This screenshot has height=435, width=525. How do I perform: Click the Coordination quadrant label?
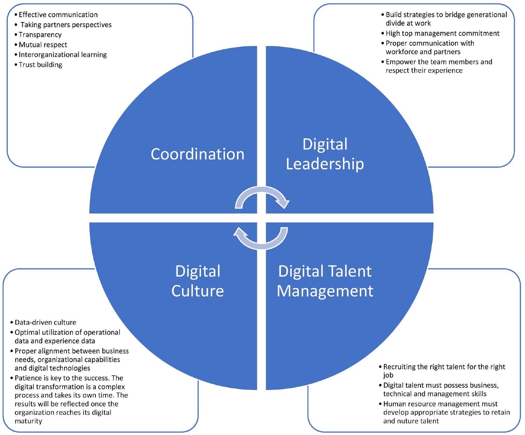[x=198, y=154]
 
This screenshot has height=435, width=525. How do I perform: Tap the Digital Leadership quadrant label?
[x=325, y=154]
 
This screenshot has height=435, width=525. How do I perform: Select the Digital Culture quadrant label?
[x=198, y=281]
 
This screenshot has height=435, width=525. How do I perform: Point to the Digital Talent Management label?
[x=325, y=281]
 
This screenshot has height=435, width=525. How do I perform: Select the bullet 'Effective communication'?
[x=58, y=15]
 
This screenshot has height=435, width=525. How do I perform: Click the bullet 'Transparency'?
[x=40, y=35]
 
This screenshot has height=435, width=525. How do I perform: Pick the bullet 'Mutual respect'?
[x=43, y=45]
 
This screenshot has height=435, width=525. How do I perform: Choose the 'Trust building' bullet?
[x=40, y=65]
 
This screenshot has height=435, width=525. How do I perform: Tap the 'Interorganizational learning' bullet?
[x=63, y=55]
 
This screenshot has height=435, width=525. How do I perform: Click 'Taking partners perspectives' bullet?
[x=66, y=25]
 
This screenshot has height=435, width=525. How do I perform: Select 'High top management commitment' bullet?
[x=443, y=34]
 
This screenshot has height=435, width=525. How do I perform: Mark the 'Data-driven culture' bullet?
[x=45, y=322]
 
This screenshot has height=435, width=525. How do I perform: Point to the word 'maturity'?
[x=28, y=421]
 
